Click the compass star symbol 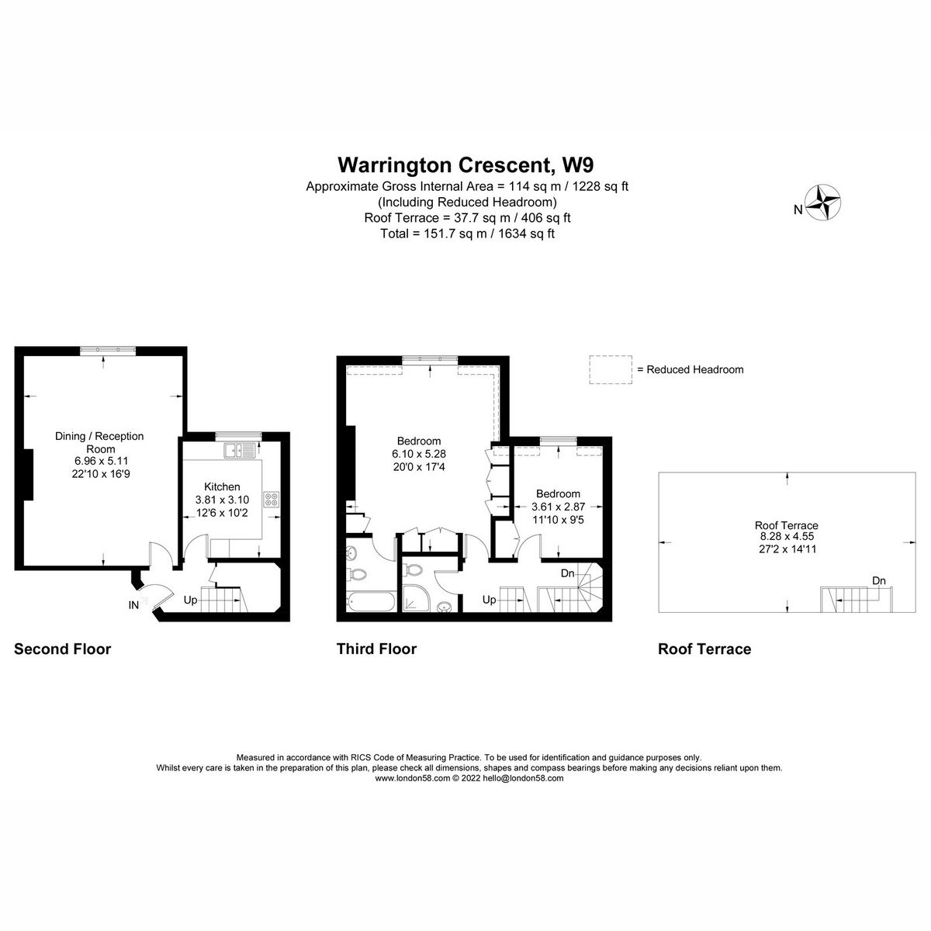[x=825, y=203]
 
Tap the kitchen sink [x=234, y=450]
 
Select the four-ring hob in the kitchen [x=272, y=500]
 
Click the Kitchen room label [x=222, y=486]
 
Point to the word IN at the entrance [x=134, y=604]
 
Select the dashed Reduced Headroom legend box [x=611, y=369]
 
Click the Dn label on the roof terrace [x=878, y=580]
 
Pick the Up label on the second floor [x=190, y=600]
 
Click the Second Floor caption [x=63, y=649]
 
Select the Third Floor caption [x=376, y=649]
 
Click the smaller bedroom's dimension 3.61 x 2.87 [x=558, y=507]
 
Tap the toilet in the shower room [x=415, y=570]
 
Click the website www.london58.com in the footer [x=412, y=778]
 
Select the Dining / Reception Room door [x=159, y=555]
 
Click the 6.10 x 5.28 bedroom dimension [x=419, y=454]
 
